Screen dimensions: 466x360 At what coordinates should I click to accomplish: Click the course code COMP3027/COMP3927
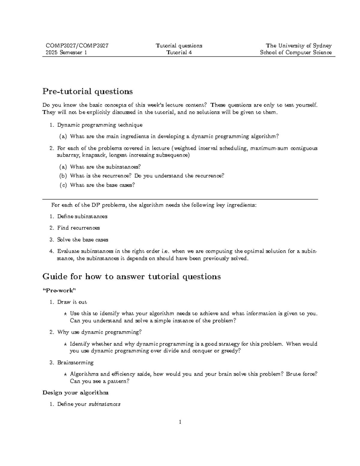pyautogui.click(x=77, y=46)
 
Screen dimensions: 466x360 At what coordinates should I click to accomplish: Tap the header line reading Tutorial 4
pyautogui.click(x=179, y=53)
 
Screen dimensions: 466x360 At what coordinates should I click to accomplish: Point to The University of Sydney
pyautogui.click(x=298, y=46)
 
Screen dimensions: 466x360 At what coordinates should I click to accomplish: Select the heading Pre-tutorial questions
pyautogui.click(x=88, y=91)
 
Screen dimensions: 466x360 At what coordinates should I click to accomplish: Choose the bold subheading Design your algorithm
pyautogui.click(x=75, y=392)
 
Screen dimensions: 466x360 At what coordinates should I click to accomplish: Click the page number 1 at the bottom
pyautogui.click(x=180, y=422)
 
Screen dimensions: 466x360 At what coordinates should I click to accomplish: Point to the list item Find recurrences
pyautogui.click(x=78, y=228)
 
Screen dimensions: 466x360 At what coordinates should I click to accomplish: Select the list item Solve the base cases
pyautogui.click(x=82, y=239)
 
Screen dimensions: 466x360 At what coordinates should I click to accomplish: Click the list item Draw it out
pyautogui.click(x=72, y=302)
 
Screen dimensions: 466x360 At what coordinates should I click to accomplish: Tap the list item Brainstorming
pyautogui.click(x=75, y=362)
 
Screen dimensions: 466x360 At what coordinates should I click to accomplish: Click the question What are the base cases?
pyautogui.click(x=102, y=185)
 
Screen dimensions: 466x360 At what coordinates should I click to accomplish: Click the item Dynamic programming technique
pyautogui.click(x=100, y=125)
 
